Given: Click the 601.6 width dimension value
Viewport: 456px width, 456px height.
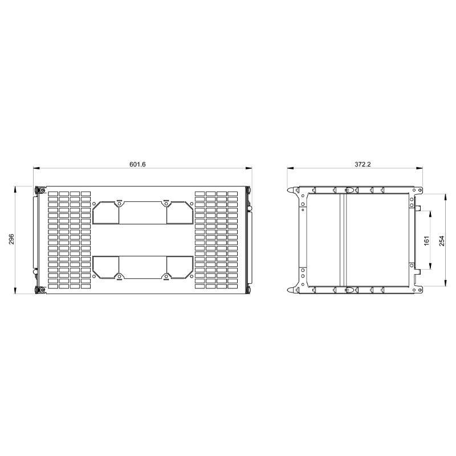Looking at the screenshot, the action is point(137,164).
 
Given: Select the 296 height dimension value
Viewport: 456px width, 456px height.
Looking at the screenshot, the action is point(11,239).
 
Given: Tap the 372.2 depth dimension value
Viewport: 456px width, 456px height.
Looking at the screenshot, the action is point(363,164).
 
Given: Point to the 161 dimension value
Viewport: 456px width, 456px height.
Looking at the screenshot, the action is point(426,240).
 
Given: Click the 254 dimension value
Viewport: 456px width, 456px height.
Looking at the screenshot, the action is point(442,241).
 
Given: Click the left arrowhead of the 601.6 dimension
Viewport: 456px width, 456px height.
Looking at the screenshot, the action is point(36,168).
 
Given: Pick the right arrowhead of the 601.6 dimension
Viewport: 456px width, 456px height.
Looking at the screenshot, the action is point(249,168).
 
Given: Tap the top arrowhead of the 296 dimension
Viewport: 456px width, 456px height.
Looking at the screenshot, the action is point(15,190).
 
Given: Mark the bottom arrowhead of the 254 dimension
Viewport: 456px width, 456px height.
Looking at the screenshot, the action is point(445,283).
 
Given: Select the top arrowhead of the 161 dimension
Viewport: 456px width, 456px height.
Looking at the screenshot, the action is point(430,214).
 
